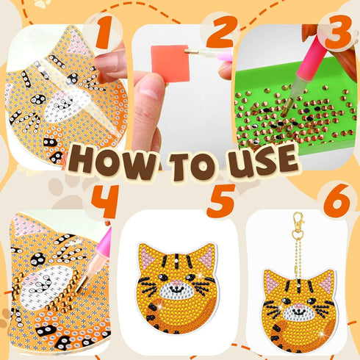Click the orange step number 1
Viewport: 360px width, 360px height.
pos(109,33)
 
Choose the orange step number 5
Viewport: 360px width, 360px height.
pos(220,204)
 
